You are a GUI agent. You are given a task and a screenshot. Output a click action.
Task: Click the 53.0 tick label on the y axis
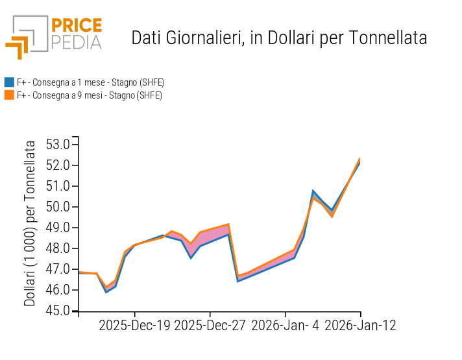click(x=58, y=145)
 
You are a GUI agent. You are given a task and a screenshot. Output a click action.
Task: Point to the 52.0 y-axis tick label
click(x=58, y=165)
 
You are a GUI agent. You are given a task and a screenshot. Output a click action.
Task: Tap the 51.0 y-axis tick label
click(x=58, y=186)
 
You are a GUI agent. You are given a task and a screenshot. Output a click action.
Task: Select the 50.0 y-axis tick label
click(x=58, y=207)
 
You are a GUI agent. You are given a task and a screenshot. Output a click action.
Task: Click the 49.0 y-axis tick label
click(x=58, y=228)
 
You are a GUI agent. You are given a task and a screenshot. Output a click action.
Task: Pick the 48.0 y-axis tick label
click(x=58, y=248)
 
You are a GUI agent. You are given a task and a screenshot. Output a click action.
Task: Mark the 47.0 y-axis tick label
click(x=58, y=269)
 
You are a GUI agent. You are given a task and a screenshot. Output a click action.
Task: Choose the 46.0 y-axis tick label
click(x=58, y=290)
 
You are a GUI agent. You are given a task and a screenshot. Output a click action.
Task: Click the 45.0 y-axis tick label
click(x=58, y=311)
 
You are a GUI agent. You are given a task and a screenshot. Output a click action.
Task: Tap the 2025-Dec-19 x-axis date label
click(x=134, y=325)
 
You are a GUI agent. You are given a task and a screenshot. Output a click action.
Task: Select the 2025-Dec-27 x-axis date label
click(x=210, y=325)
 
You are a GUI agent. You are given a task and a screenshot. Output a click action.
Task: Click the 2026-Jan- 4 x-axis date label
click(x=286, y=325)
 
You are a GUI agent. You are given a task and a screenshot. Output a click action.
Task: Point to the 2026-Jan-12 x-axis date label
click(x=361, y=325)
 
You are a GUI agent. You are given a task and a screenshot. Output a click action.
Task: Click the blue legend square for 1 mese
click(x=9, y=82)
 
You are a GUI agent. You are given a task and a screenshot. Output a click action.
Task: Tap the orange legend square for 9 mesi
click(x=9, y=95)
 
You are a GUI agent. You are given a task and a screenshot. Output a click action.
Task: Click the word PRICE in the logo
click(x=77, y=26)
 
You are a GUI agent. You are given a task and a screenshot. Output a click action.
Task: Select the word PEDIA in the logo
click(x=77, y=42)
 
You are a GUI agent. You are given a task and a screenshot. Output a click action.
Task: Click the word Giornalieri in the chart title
click(x=200, y=38)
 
